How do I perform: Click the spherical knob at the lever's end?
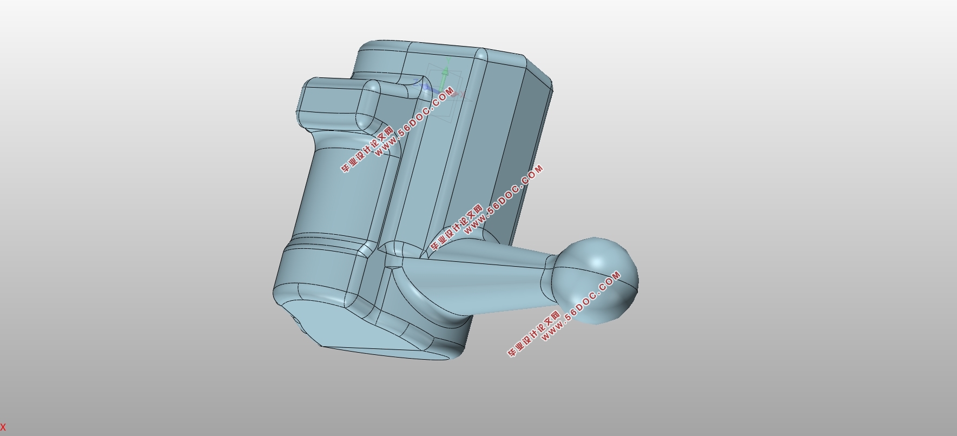(x=595, y=280)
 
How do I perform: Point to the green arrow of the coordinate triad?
(x=445, y=78)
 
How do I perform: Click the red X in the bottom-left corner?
(x=3, y=427)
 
